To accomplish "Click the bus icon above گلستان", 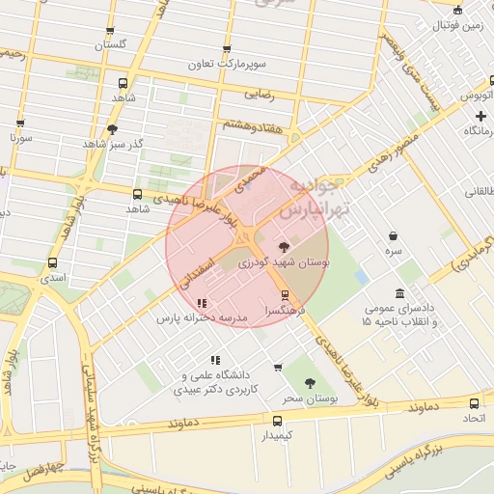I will point(110,31).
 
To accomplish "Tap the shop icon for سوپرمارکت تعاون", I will point(227,49).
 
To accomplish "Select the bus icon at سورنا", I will point(20,123).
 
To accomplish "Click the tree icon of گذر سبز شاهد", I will point(112,129).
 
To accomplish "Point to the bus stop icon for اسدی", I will point(52,262).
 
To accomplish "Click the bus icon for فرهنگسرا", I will point(285,295).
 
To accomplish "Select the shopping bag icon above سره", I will point(393,235).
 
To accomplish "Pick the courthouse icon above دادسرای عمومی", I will point(399,293).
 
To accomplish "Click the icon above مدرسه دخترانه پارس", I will point(202,303).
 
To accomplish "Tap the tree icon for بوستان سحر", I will point(310,383).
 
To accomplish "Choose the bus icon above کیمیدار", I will point(277,421).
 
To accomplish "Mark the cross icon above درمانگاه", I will point(480,116).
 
